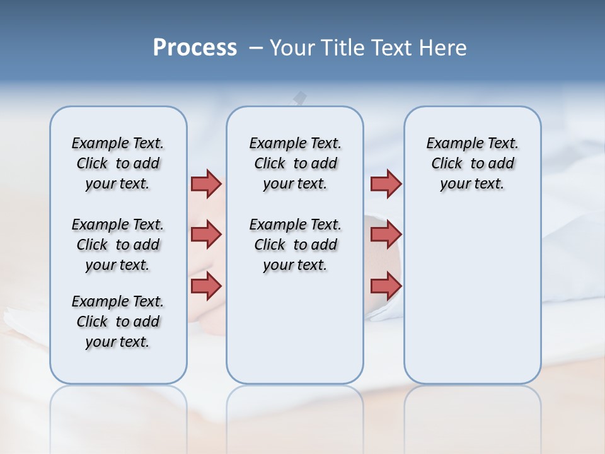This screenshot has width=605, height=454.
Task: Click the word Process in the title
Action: (195, 48)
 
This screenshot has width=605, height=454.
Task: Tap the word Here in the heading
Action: (443, 48)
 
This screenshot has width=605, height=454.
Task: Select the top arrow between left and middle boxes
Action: (206, 183)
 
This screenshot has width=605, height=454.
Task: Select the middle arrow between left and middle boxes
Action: (206, 235)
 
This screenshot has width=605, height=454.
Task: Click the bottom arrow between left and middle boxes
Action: (206, 286)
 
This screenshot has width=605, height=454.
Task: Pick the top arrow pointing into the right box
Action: (386, 183)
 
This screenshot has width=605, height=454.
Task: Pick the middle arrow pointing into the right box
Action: (386, 235)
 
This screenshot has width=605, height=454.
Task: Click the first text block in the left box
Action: (118, 163)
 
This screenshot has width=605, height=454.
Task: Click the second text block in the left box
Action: (118, 245)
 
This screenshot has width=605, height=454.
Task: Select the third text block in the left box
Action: (118, 322)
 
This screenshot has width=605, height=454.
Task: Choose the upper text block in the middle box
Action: (295, 163)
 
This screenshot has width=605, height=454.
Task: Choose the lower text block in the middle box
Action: (295, 245)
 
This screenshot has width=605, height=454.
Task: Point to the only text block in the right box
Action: (472, 163)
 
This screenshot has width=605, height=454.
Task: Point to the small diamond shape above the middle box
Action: (301, 97)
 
